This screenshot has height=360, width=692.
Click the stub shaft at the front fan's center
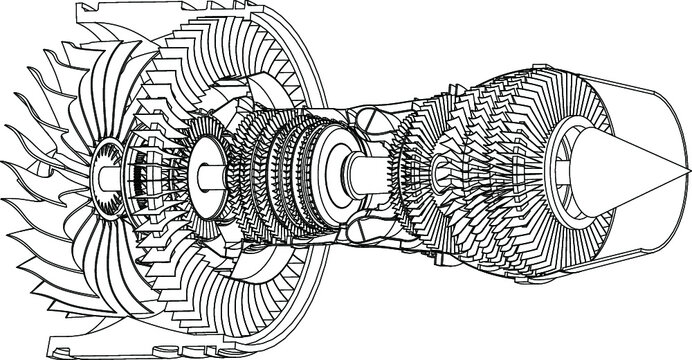coord(104,178)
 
